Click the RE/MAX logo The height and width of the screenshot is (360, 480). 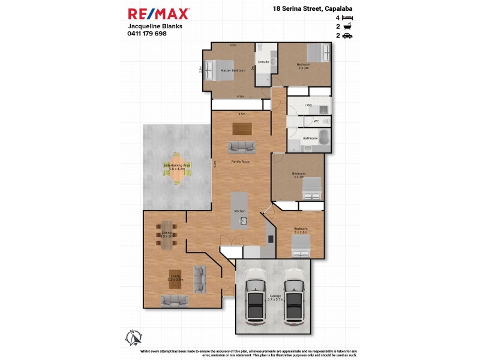coord(159,13)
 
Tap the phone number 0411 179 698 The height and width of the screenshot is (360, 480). coord(148,34)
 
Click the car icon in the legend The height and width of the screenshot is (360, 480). coord(347,36)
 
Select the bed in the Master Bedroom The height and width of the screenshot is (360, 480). coord(215,71)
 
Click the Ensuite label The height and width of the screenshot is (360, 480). coord(263,62)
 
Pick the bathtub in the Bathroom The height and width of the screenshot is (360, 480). coord(324,139)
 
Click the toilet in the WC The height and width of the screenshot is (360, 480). coord(324,121)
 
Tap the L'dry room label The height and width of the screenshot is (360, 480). coord(308,105)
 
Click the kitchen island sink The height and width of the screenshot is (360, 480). coord(244,221)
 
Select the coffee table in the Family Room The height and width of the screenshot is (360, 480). coord(242,128)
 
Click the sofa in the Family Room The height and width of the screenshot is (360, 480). coord(241,146)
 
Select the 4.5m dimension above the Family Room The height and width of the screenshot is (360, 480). coord(242,113)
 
